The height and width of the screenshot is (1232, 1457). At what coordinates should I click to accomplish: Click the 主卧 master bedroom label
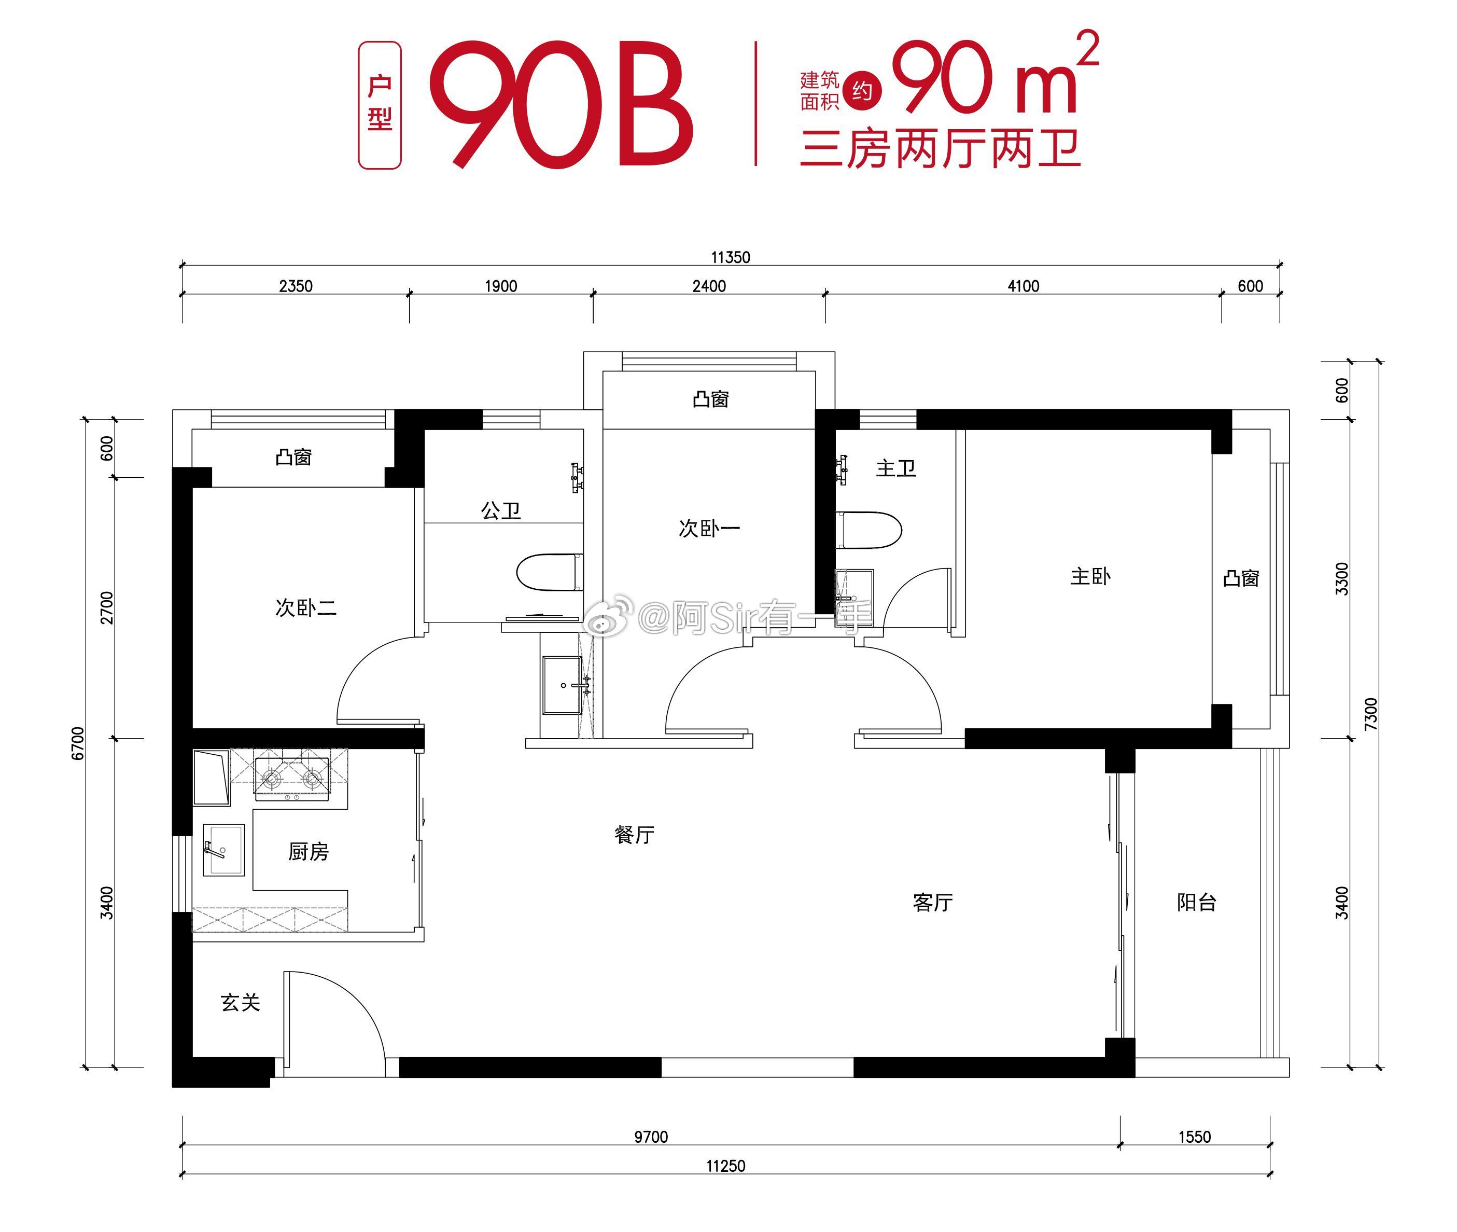1090,576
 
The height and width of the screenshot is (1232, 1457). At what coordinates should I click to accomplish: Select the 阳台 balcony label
1197,903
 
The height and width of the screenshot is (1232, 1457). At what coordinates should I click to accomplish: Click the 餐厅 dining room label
634,835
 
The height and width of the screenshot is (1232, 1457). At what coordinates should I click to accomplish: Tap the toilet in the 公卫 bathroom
550,572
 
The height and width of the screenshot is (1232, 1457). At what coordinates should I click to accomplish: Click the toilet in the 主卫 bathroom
868,530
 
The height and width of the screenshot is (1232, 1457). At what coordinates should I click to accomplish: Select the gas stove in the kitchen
292,778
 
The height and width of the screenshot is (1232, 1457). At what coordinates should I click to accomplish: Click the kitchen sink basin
223,850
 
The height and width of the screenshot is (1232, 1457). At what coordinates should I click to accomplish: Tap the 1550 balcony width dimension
1195,1137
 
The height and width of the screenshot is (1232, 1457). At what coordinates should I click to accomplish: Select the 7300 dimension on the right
1370,714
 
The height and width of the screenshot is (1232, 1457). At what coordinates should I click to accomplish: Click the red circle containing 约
862,91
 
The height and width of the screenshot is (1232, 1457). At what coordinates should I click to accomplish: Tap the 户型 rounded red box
380,105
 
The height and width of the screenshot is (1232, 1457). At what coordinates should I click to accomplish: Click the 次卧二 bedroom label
306,607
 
